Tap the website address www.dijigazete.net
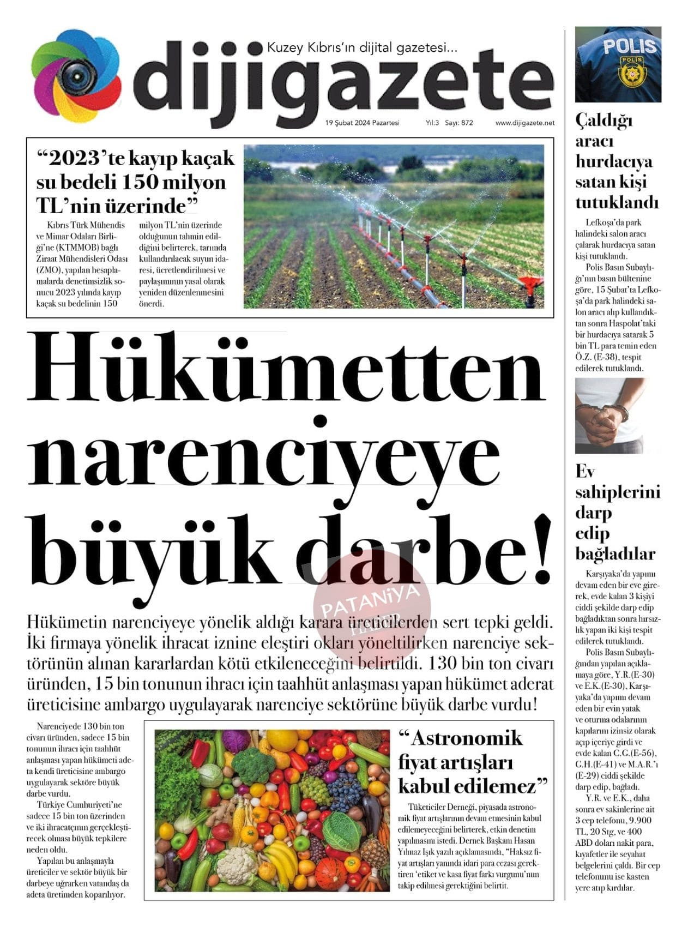point(524,123)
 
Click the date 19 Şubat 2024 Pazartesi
point(362,123)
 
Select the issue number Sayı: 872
point(458,123)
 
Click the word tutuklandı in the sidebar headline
point(617,203)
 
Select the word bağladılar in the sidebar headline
point(615,554)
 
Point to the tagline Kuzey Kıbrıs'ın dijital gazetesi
point(362,48)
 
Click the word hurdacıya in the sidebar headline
point(614,161)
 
